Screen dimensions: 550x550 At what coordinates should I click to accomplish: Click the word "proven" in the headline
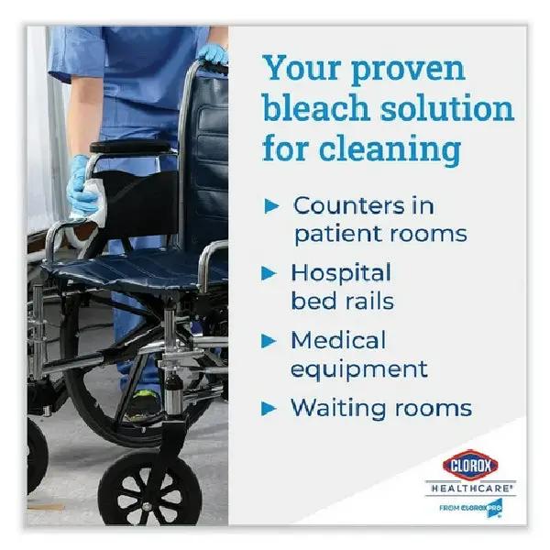[408, 71]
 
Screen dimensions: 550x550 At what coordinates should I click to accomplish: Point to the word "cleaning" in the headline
[390, 149]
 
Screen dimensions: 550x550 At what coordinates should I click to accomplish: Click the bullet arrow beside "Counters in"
[271, 206]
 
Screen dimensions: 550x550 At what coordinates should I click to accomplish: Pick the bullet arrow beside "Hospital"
[269, 273]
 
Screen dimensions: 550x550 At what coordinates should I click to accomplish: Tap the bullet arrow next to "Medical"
[269, 341]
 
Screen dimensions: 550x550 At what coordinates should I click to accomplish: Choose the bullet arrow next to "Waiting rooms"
[269, 409]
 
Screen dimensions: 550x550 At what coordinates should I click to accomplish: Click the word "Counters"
[349, 205]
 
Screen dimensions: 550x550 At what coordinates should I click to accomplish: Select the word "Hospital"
[341, 274]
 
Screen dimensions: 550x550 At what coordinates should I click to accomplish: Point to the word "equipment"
[359, 369]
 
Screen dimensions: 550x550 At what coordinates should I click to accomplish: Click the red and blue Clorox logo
[470, 465]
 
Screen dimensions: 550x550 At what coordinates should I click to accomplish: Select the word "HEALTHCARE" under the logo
[471, 488]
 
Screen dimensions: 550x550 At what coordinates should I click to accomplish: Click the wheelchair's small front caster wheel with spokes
[150, 491]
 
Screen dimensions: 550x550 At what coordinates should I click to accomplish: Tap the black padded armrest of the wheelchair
[131, 147]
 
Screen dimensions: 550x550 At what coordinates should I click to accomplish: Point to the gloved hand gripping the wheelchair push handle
[213, 55]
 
